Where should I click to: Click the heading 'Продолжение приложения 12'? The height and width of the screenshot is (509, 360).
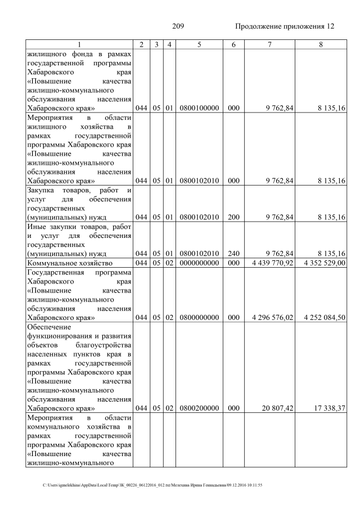(x=285, y=26)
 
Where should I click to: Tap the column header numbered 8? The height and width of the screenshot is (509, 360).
(x=320, y=44)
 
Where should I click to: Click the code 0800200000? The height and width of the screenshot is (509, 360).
(x=199, y=408)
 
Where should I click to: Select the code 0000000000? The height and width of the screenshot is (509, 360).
(x=199, y=263)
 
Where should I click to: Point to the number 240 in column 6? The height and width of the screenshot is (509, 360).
(x=231, y=253)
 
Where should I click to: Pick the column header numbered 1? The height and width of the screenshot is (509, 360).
(x=79, y=44)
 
